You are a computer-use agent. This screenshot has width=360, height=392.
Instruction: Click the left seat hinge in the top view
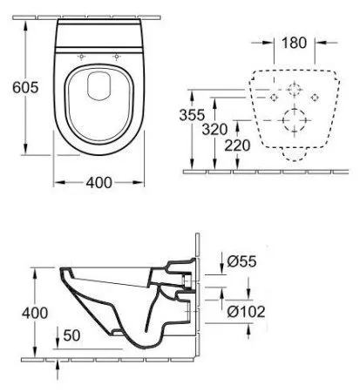(81, 58)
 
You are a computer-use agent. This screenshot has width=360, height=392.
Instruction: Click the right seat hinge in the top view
(115, 58)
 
